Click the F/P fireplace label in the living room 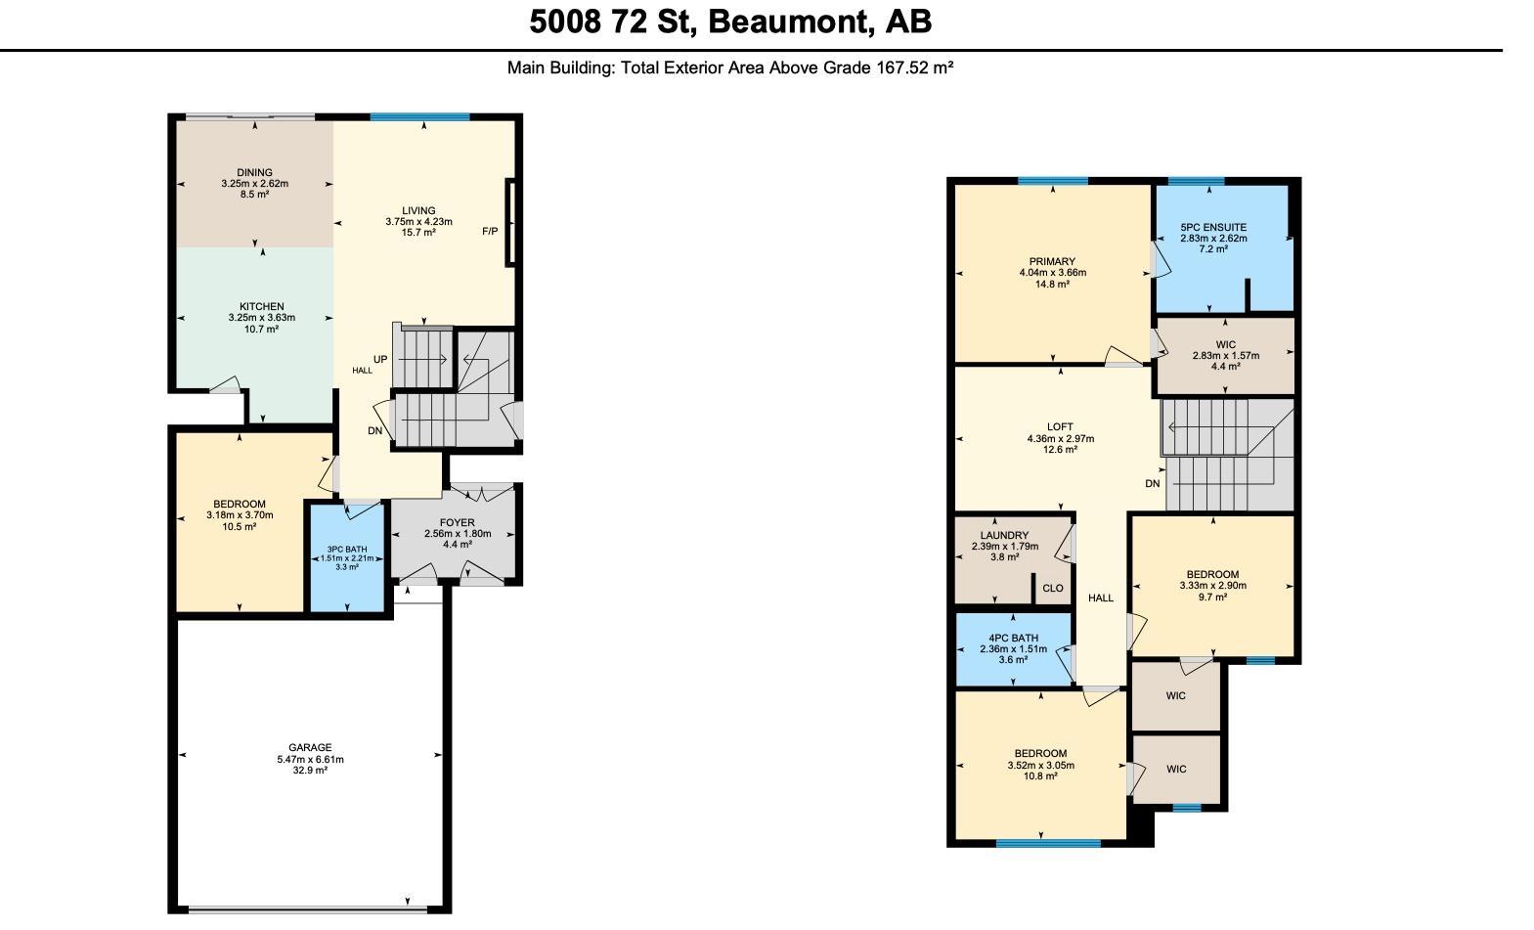pyautogui.click(x=490, y=232)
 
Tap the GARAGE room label pyautogui.click(x=310, y=748)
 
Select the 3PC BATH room pyautogui.click(x=347, y=557)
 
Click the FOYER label pyautogui.click(x=457, y=523)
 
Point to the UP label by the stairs pyautogui.click(x=380, y=359)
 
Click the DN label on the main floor pyautogui.click(x=374, y=431)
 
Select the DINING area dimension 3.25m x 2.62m pyautogui.click(x=254, y=184)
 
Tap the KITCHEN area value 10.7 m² pyautogui.click(x=261, y=330)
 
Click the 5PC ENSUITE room pyautogui.click(x=1213, y=238)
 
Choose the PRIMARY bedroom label pyautogui.click(x=1052, y=262)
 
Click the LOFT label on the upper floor pyautogui.click(x=1060, y=427)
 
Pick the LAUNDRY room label pyautogui.click(x=1004, y=536)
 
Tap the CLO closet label pyautogui.click(x=1052, y=589)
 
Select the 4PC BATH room pyautogui.click(x=1013, y=648)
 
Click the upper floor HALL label pyautogui.click(x=1101, y=598)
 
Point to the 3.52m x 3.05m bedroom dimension pyautogui.click(x=1040, y=766)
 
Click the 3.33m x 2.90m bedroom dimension pyautogui.click(x=1212, y=586)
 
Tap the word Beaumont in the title pyautogui.click(x=790, y=22)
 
